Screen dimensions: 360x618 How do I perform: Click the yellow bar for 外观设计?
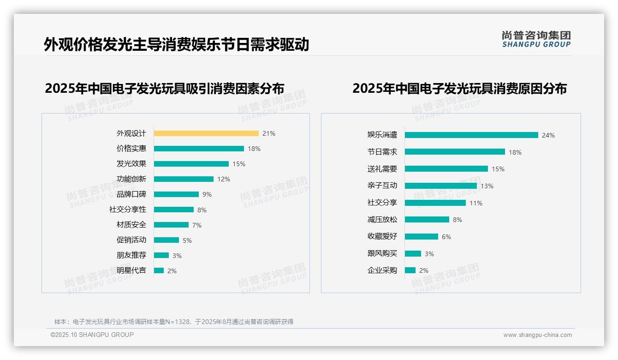point(206,133)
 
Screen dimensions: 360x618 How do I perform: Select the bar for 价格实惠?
point(199,149)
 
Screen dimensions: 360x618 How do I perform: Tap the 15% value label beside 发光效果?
point(239,164)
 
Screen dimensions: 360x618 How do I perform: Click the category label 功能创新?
point(131,179)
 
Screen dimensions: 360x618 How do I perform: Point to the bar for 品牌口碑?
point(176,194)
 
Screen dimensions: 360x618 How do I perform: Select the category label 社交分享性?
point(127,210)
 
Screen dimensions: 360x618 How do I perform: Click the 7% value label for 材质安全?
point(197,225)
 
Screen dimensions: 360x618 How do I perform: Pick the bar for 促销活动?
point(166,240)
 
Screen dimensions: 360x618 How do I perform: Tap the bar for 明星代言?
point(159,270)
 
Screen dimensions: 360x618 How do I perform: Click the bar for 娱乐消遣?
point(471,135)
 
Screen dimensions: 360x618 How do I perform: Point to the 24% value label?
point(548,135)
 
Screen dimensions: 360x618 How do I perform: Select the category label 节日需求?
point(382,152)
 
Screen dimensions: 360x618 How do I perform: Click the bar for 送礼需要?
point(446,169)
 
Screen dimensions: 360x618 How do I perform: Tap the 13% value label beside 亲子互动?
point(487,186)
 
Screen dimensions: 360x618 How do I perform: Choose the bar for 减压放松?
point(427,220)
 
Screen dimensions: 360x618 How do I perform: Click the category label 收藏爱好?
point(382,236)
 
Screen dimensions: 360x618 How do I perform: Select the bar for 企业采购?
point(410,270)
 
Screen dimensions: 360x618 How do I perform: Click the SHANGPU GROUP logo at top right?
point(536,39)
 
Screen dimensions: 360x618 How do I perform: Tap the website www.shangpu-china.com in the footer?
point(537,335)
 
